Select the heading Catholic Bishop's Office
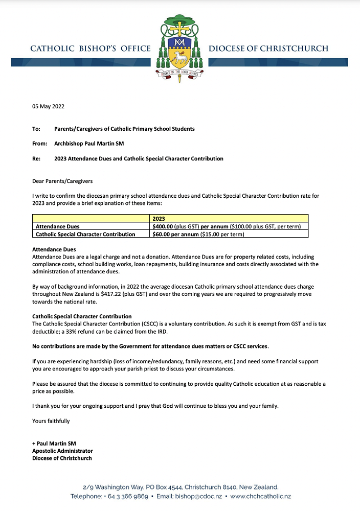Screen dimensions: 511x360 (91, 49)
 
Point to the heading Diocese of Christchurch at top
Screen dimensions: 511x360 (268, 49)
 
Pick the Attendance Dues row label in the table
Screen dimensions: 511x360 (57, 226)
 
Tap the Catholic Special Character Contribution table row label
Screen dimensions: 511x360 (85, 235)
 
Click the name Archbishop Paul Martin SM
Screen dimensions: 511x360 (89, 144)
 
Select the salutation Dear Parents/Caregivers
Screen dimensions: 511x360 (62, 181)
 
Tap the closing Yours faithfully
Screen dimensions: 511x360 (51, 422)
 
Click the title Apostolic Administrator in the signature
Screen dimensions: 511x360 (62, 451)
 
